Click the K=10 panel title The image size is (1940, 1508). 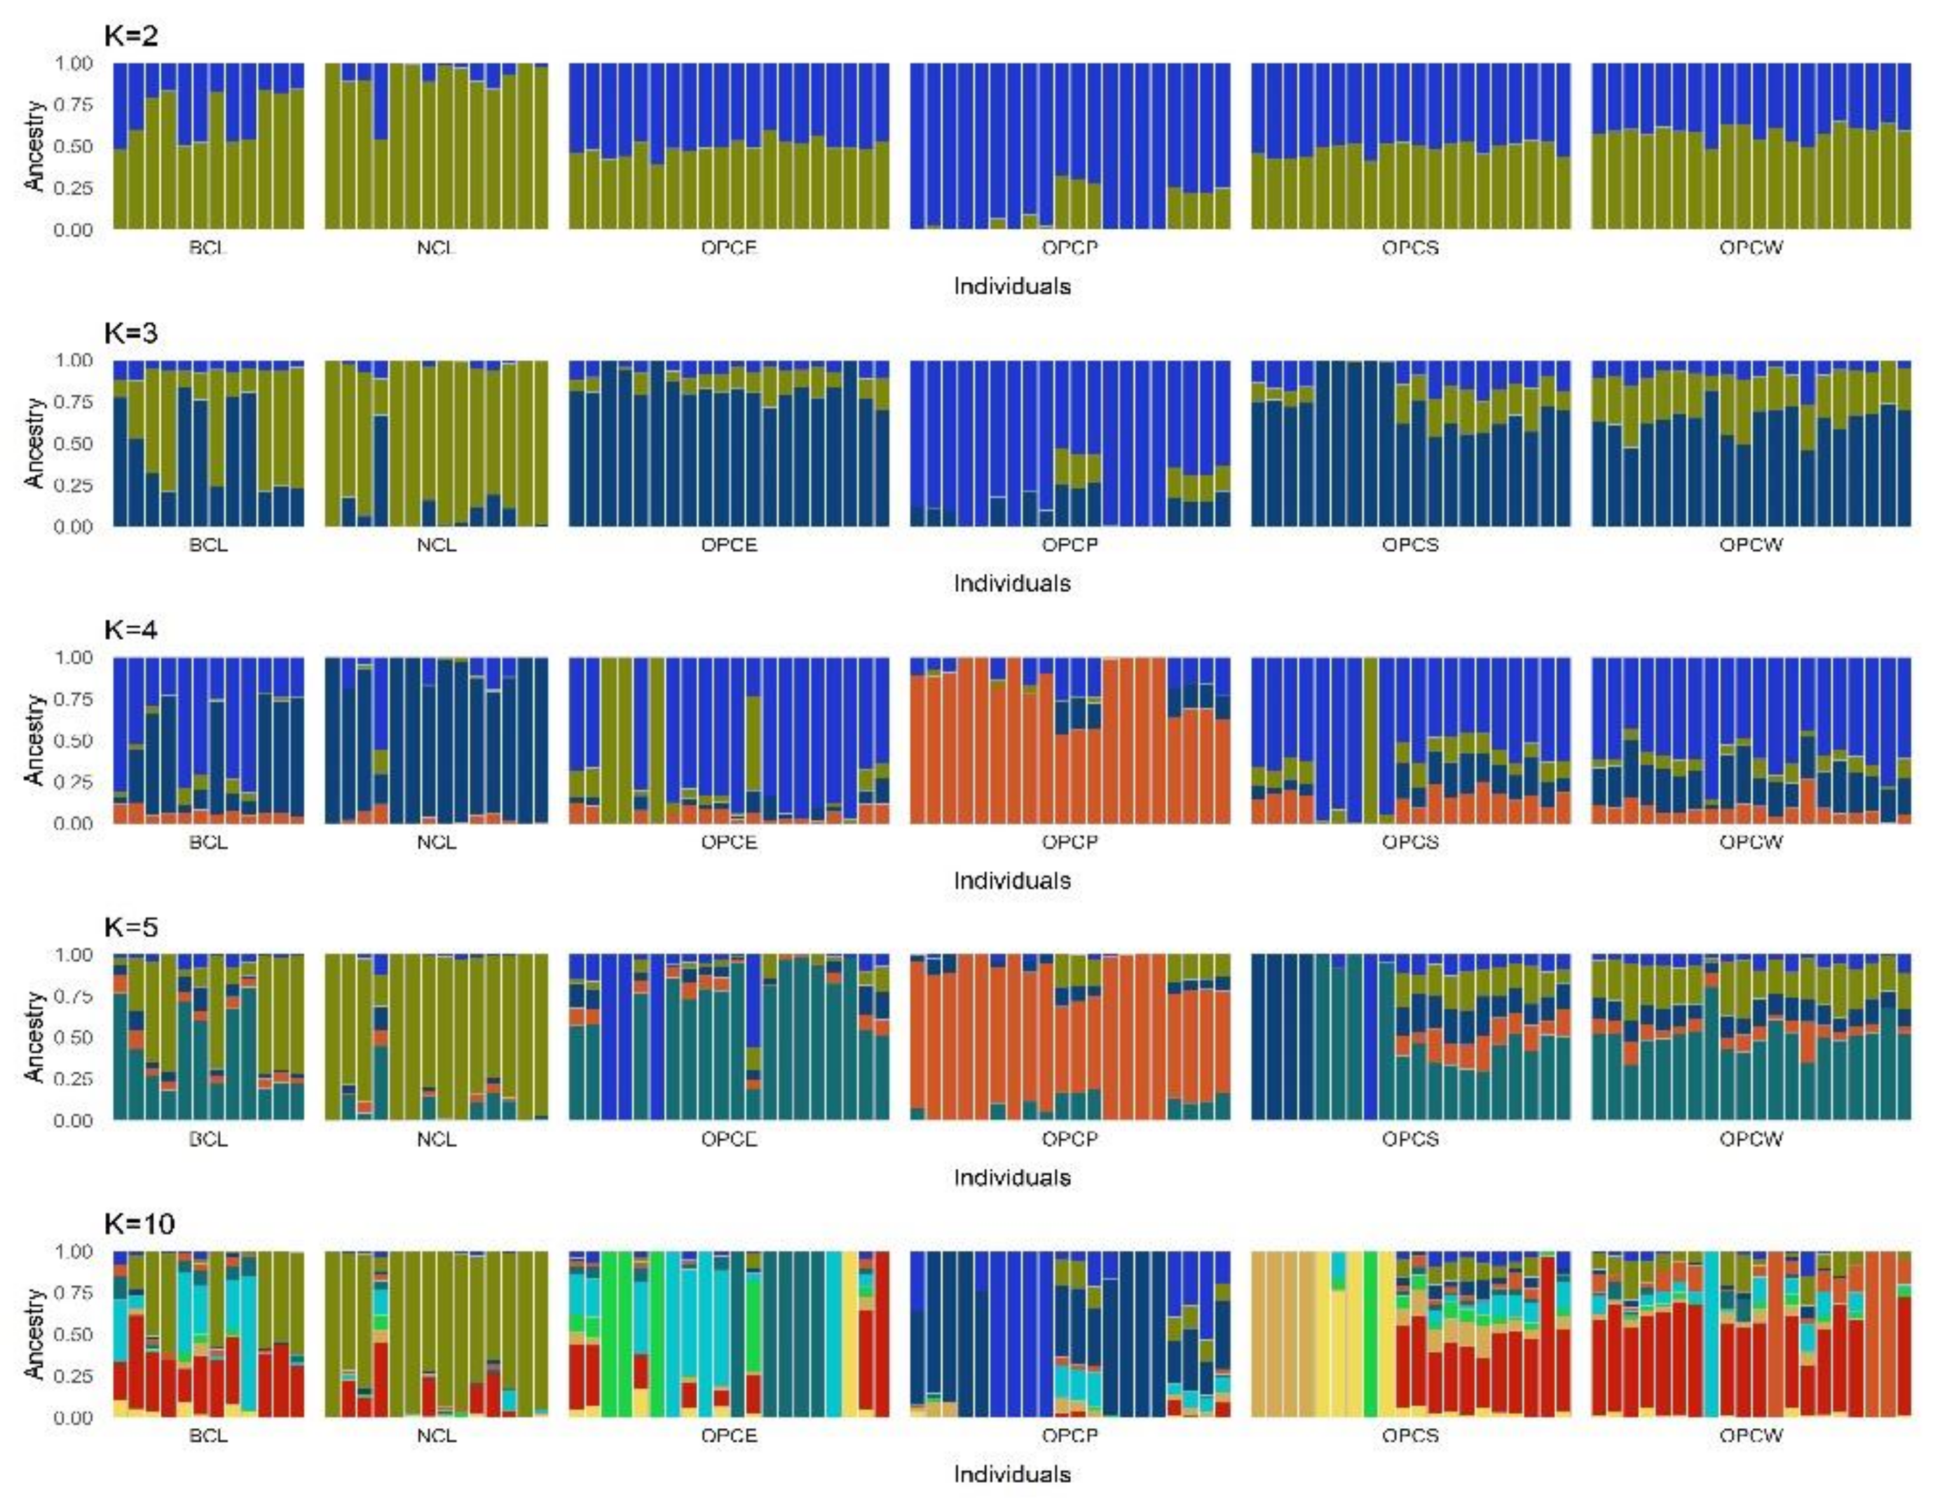pyautogui.click(x=139, y=1223)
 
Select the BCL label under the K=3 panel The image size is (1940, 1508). pyautogui.click(x=208, y=545)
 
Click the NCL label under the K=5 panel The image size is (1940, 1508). pyautogui.click(x=436, y=1139)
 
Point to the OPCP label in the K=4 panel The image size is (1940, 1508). pyautogui.click(x=1070, y=842)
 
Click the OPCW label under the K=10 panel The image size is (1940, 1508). pyautogui.click(x=1750, y=1436)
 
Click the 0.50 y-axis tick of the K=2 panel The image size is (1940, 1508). pyautogui.click(x=73, y=146)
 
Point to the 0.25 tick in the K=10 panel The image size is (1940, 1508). pyautogui.click(x=73, y=1376)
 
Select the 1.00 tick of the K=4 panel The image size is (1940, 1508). pyautogui.click(x=73, y=658)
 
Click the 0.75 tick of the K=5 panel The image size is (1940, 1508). pyautogui.click(x=73, y=996)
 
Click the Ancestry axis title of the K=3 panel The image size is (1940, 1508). pyautogui.click(x=34, y=443)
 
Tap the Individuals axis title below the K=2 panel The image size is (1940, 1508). pyautogui.click(x=1012, y=287)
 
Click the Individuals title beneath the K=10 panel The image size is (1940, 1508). pyautogui.click(x=1012, y=1475)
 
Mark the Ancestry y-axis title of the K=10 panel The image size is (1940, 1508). pyautogui.click(x=34, y=1334)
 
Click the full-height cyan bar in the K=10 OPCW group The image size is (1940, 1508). pyautogui.click(x=1711, y=1334)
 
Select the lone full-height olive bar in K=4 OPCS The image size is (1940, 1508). pyautogui.click(x=1371, y=740)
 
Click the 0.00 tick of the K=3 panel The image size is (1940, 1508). pyautogui.click(x=73, y=528)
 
